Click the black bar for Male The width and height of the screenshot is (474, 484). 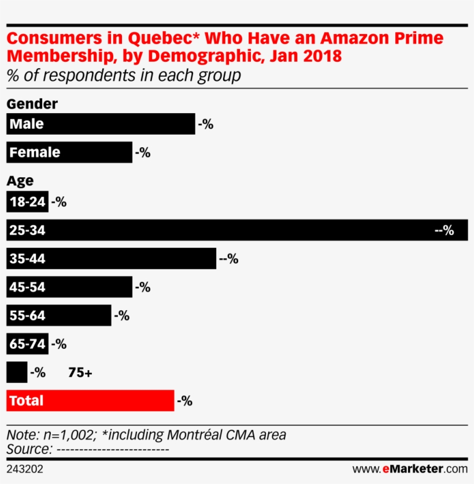click(101, 124)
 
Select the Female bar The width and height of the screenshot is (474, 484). click(69, 152)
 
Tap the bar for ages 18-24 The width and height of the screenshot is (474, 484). click(27, 202)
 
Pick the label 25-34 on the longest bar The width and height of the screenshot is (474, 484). click(27, 230)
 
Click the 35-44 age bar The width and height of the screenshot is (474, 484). click(111, 259)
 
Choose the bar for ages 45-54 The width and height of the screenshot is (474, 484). click(69, 287)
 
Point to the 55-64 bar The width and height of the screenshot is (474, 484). click(58, 315)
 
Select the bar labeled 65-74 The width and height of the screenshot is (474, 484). click(27, 344)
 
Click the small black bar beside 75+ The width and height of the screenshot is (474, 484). click(16, 373)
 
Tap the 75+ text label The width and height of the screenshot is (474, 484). click(80, 373)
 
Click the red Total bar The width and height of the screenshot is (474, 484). click(90, 401)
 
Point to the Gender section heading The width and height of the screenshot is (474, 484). click(32, 104)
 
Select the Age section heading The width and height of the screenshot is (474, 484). click(20, 181)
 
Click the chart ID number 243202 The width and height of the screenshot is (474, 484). click(24, 470)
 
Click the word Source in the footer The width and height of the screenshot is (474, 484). click(26, 449)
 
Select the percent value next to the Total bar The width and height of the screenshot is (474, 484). click(184, 401)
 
